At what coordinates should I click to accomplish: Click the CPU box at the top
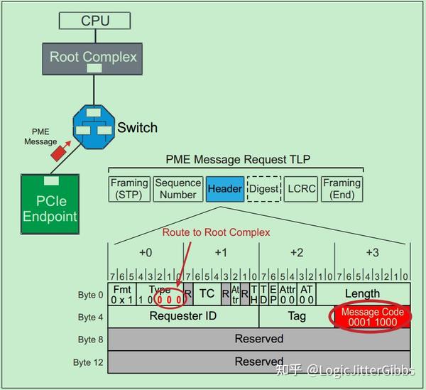pyautogui.click(x=95, y=20)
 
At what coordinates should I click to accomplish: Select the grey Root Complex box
pyautogui.click(x=93, y=56)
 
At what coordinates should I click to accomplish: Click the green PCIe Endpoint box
pyautogui.click(x=49, y=203)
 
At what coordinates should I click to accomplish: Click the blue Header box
pyautogui.click(x=224, y=189)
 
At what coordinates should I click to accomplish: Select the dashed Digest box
pyautogui.click(x=264, y=189)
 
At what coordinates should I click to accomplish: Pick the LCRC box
pyautogui.click(x=301, y=189)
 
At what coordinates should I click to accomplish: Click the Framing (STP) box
pyautogui.click(x=130, y=189)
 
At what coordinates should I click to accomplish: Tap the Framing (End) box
pyautogui.click(x=342, y=189)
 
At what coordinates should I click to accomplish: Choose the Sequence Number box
pyautogui.click(x=178, y=189)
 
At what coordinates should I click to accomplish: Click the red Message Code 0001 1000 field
pyautogui.click(x=372, y=317)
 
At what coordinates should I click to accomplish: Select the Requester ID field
pyautogui.click(x=182, y=317)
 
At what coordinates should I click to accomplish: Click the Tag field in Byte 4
pyautogui.click(x=296, y=317)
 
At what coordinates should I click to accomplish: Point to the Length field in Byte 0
pyautogui.click(x=362, y=293)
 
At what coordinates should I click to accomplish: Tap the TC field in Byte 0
pyautogui.click(x=206, y=293)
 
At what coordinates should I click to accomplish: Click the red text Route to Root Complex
pyautogui.click(x=216, y=232)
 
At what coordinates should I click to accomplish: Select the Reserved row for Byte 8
pyautogui.click(x=258, y=339)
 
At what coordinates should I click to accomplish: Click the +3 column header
pyautogui.click(x=372, y=253)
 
